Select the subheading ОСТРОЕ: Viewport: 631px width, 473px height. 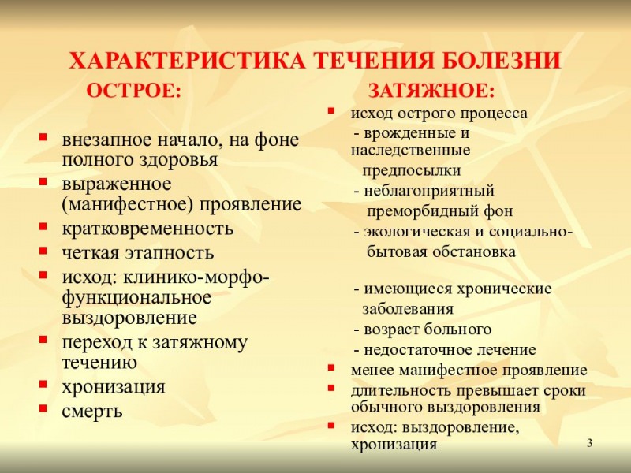tap(133, 90)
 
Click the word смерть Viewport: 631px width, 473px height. tap(92, 411)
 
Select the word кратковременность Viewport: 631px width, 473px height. tap(148, 229)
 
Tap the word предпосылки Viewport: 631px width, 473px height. tap(412, 170)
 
